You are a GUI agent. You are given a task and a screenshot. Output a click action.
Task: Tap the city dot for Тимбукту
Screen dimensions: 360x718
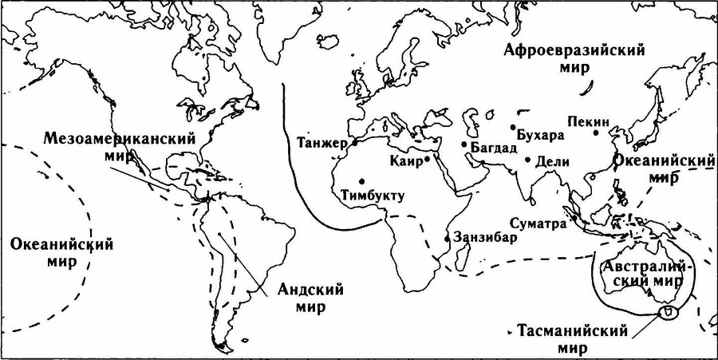(x=362, y=180)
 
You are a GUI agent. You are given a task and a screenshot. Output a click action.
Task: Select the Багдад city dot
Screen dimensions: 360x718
(x=464, y=144)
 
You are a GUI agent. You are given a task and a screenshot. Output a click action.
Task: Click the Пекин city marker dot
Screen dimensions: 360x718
(x=595, y=133)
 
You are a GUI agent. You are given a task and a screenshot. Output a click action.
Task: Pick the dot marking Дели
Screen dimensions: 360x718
(x=527, y=160)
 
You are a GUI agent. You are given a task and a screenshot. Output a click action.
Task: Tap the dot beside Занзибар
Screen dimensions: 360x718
(x=447, y=238)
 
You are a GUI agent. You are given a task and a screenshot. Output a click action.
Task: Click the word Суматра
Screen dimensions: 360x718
(x=538, y=224)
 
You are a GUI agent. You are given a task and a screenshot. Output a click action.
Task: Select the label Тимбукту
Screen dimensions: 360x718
(x=373, y=194)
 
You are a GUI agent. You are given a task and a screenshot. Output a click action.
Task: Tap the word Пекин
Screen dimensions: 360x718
(x=589, y=121)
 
